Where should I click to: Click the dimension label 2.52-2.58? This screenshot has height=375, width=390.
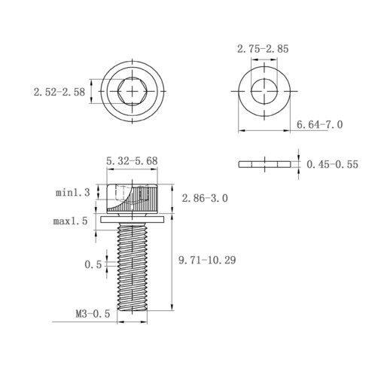point(59,92)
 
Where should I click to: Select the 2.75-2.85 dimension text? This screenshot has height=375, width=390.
point(263,49)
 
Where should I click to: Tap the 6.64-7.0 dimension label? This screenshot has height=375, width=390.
point(319,124)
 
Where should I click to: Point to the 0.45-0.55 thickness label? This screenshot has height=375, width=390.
point(332,164)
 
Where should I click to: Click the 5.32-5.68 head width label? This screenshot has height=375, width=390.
point(132,161)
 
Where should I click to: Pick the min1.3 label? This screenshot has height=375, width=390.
point(72,193)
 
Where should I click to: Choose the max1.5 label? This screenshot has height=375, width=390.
point(71,221)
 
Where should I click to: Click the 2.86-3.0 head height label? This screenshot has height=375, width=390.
point(205,198)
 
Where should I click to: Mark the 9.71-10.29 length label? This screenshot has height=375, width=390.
point(207,260)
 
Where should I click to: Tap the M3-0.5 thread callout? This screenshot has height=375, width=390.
point(93,314)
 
